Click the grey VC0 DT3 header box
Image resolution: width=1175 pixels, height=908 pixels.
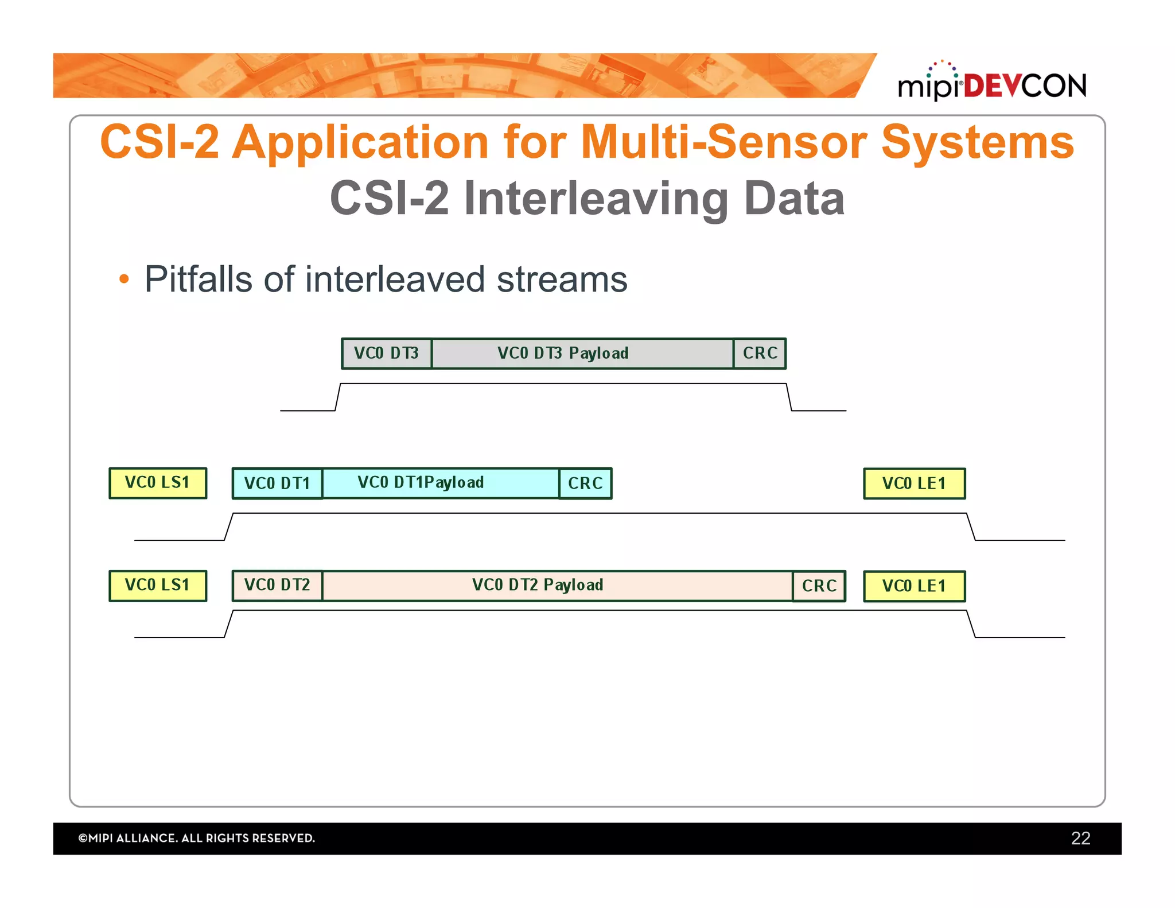[x=386, y=354]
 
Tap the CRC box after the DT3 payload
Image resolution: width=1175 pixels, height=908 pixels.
[x=760, y=354]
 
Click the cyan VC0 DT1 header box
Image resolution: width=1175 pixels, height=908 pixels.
[x=277, y=483]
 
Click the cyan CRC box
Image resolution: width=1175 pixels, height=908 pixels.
[x=585, y=483]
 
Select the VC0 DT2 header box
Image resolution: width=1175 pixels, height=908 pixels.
[x=277, y=585]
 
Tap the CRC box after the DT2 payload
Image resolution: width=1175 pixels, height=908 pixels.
[x=819, y=586]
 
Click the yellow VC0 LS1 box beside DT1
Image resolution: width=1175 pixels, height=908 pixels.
[x=158, y=483]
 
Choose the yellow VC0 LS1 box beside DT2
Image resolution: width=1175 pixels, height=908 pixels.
[x=158, y=585]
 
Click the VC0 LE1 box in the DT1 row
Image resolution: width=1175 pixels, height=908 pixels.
[x=914, y=483]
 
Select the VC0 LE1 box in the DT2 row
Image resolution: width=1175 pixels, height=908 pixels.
[x=914, y=586]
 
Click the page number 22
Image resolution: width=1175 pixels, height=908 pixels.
[x=1080, y=838]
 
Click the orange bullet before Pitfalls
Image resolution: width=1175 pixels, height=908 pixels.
[x=124, y=280]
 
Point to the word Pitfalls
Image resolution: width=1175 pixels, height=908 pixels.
[x=198, y=280]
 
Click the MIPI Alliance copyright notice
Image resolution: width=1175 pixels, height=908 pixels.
[x=197, y=838]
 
